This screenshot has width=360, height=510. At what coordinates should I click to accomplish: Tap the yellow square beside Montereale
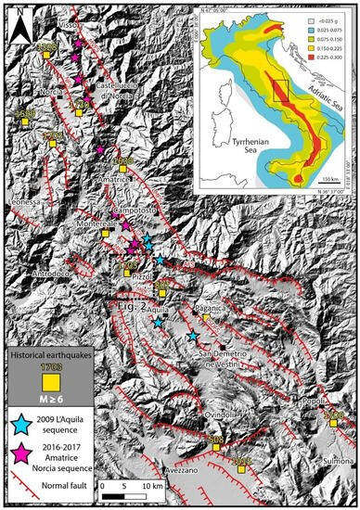tap(105, 235)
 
